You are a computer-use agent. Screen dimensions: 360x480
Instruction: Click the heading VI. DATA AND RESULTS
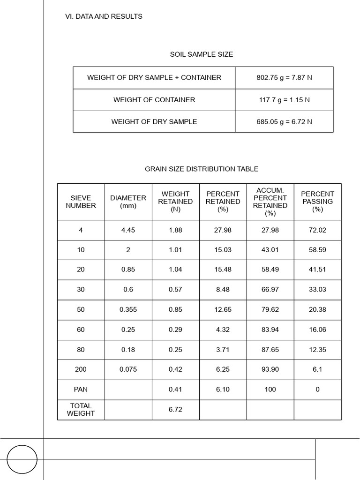tap(104, 16)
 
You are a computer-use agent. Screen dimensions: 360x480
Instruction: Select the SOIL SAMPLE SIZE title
tap(201, 54)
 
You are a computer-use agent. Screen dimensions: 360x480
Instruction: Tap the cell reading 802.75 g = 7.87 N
tap(284, 77)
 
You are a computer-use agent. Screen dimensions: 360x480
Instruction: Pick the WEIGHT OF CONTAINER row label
tap(154, 100)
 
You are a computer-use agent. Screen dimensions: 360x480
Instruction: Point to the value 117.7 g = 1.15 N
tap(284, 100)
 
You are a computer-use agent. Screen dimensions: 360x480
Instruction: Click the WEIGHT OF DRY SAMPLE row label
tap(154, 121)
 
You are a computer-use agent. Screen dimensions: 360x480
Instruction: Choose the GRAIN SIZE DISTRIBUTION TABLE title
tap(202, 169)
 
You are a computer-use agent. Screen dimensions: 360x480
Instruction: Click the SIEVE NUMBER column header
tap(81, 202)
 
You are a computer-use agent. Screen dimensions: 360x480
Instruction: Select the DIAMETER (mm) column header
tap(128, 202)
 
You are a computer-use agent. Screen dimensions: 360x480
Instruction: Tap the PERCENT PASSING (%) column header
tap(317, 202)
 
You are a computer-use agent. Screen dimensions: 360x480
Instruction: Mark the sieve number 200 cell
tap(81, 369)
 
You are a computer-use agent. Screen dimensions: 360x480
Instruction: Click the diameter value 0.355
tap(128, 309)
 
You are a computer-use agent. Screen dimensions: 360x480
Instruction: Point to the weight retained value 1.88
tap(175, 230)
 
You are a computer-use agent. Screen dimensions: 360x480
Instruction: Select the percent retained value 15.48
tap(223, 270)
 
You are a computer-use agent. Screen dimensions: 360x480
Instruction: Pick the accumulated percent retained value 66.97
tap(270, 290)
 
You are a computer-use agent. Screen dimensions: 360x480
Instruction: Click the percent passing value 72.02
tap(317, 230)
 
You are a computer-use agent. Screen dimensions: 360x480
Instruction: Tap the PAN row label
tap(81, 389)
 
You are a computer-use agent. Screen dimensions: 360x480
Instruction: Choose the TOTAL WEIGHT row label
tap(81, 409)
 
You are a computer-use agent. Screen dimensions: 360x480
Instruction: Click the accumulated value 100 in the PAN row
tap(270, 389)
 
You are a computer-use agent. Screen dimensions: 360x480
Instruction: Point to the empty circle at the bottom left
tap(22, 459)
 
